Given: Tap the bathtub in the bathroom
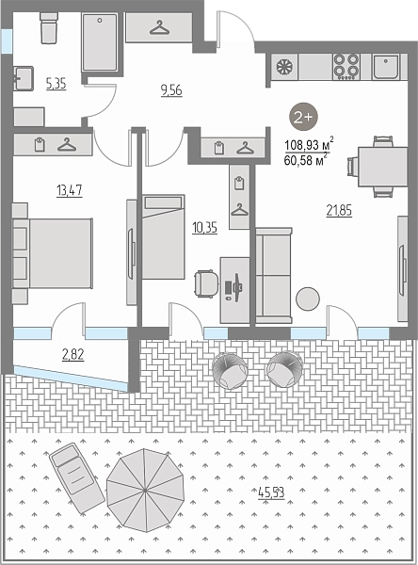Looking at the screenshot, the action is pyautogui.click(x=100, y=42).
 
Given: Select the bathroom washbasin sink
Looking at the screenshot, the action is pyautogui.click(x=24, y=78).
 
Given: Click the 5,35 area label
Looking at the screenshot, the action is pyautogui.click(x=56, y=84).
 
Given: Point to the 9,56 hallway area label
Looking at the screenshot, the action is pyautogui.click(x=171, y=90).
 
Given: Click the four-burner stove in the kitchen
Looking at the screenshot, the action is pyautogui.click(x=346, y=67).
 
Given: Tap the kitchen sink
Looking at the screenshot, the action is pyautogui.click(x=386, y=67).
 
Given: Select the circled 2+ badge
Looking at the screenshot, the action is pyautogui.click(x=304, y=117).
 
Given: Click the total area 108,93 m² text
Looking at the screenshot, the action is pyautogui.click(x=309, y=145).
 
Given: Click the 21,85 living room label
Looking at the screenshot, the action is pyautogui.click(x=339, y=210).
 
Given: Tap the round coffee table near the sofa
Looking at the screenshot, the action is pyautogui.click(x=308, y=299).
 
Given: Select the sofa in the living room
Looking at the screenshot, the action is pyautogui.click(x=274, y=275).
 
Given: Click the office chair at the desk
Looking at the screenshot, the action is pyautogui.click(x=206, y=283).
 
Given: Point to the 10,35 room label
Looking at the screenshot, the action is pyautogui.click(x=204, y=228).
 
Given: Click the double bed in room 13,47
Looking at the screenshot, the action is pyautogui.click(x=53, y=253).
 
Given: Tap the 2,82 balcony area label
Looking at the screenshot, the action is pyautogui.click(x=73, y=355).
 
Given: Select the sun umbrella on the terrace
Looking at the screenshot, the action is pyautogui.click(x=144, y=490).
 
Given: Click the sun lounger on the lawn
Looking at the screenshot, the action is pyautogui.click(x=77, y=478).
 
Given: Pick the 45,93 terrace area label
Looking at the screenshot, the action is pyautogui.click(x=272, y=492).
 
